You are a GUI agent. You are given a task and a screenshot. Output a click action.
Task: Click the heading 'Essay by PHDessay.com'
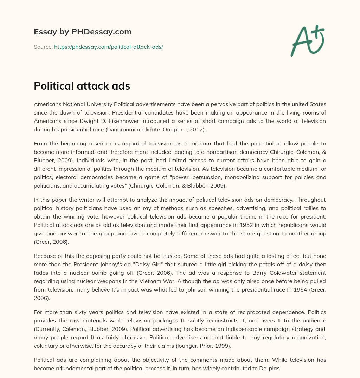(x=83, y=32)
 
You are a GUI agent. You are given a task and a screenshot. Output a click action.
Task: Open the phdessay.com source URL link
(x=108, y=47)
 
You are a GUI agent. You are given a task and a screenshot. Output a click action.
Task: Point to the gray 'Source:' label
(x=43, y=47)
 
